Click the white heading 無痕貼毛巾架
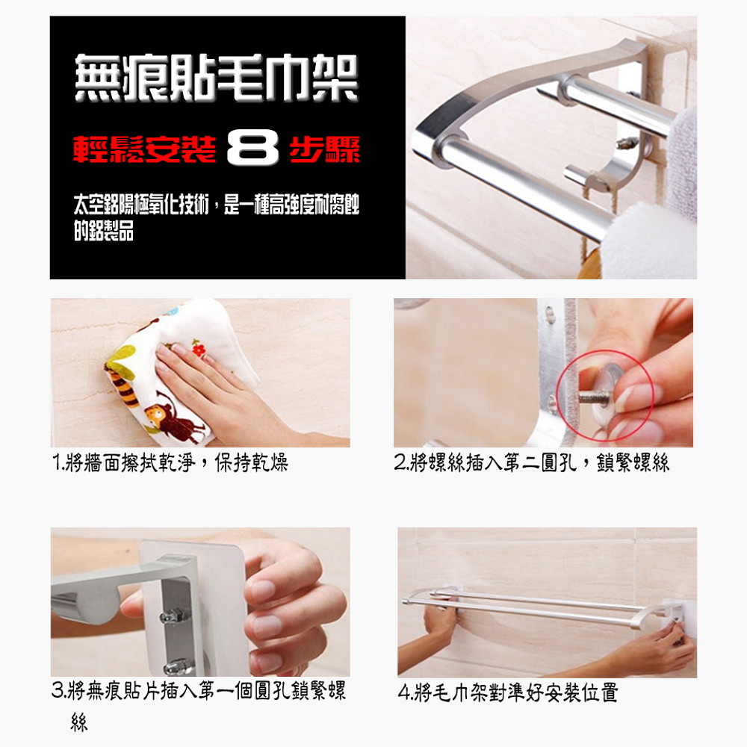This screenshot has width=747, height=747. click(x=217, y=78)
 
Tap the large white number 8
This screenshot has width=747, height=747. click(x=252, y=147)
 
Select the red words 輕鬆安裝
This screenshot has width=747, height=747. click(x=144, y=149)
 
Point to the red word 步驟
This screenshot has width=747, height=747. click(x=324, y=149)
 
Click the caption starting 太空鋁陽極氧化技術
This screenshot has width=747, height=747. click(x=217, y=217)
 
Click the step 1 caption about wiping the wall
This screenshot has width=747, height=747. click(x=170, y=462)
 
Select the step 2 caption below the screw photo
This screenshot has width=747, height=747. click(x=532, y=462)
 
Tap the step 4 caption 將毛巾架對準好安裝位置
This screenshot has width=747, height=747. click(x=508, y=692)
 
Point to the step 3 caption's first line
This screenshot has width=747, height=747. click(x=199, y=690)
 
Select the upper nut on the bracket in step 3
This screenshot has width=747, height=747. click(x=174, y=616)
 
